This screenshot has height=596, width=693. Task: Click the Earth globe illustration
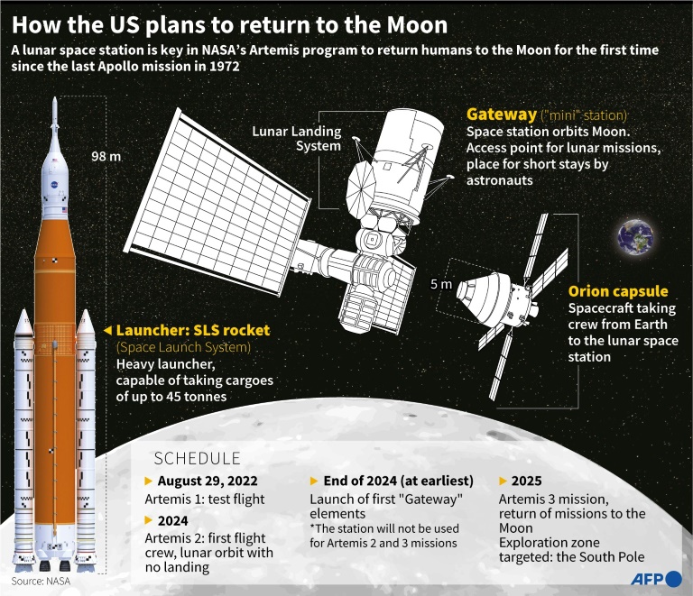point(636,237)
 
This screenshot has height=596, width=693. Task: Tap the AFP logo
point(655,579)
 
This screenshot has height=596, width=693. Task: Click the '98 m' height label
point(106,156)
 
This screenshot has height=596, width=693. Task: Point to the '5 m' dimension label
point(441,284)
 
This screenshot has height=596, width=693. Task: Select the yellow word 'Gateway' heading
point(502,115)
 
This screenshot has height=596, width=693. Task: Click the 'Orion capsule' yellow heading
point(618,291)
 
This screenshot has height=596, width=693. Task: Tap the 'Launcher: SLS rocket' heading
point(193,330)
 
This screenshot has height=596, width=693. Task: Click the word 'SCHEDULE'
point(197,459)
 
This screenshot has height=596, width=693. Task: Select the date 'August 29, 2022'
point(208,481)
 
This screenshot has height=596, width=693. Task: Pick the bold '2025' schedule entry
point(526,481)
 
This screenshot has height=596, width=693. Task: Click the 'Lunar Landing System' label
point(297,138)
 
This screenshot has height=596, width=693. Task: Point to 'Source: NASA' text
point(41,581)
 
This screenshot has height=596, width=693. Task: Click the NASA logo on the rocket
point(54,185)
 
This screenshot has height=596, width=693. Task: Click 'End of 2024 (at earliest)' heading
point(398,481)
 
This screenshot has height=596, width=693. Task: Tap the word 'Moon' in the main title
point(417,24)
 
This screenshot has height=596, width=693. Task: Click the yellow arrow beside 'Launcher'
point(107,330)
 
